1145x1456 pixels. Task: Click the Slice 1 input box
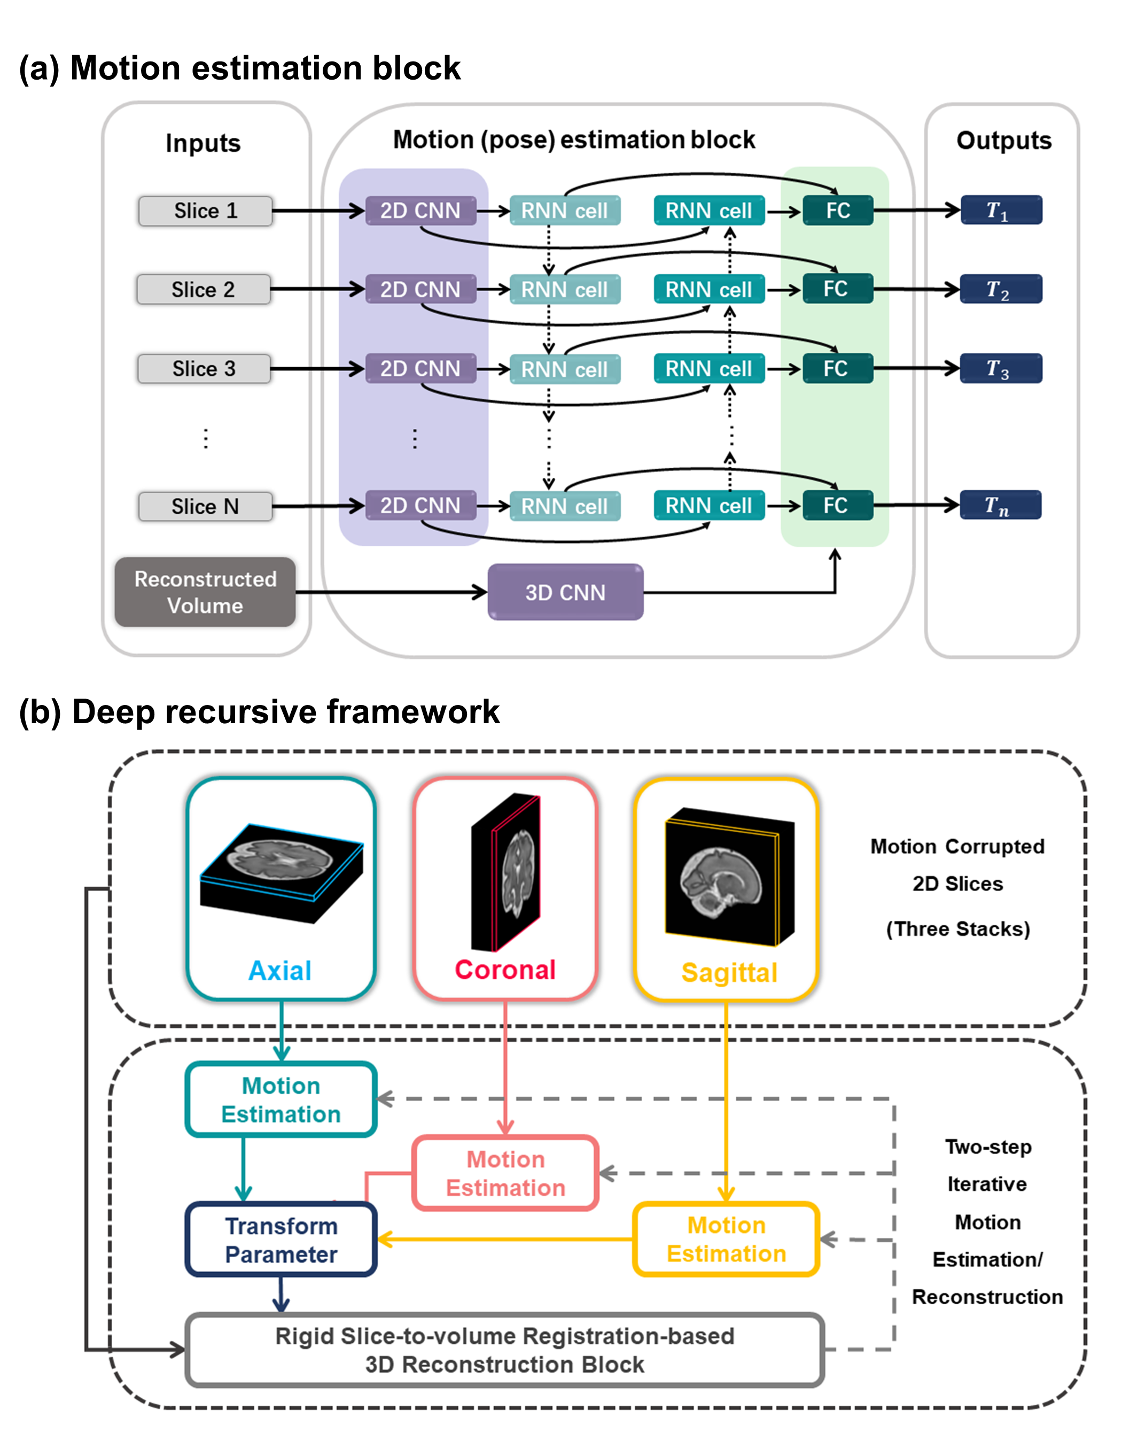coord(205,211)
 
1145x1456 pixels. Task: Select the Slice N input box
coord(205,506)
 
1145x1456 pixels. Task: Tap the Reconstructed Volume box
coord(205,592)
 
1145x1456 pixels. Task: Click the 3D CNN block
coord(565,592)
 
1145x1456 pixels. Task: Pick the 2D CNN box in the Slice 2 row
coord(420,290)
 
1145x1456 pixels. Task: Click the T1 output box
coord(1000,211)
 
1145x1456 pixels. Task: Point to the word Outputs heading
coord(1003,141)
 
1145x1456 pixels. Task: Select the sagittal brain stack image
coord(729,877)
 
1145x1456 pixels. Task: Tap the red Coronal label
coord(505,970)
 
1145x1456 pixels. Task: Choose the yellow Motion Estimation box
coord(726,1240)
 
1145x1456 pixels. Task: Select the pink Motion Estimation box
coord(505,1174)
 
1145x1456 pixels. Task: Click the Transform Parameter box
coord(281,1240)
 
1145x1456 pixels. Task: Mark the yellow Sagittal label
coord(729,972)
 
